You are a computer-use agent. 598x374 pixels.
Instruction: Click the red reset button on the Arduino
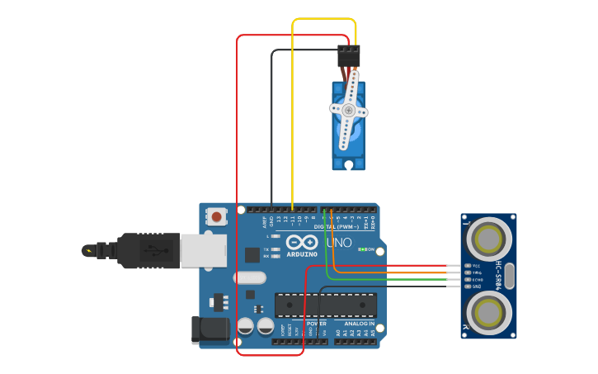pyautogui.click(x=216, y=217)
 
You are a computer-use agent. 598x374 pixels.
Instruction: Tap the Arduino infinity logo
pyautogui.click(x=303, y=244)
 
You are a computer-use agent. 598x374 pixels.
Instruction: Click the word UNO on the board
pyautogui.click(x=339, y=244)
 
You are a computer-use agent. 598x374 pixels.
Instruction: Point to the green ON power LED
pyautogui.click(x=362, y=249)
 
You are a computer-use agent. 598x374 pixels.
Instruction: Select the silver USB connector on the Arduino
pyautogui.click(x=203, y=250)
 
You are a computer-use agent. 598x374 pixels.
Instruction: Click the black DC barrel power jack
pyautogui.click(x=210, y=330)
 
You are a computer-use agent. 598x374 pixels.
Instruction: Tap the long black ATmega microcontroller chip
pyautogui.click(x=326, y=305)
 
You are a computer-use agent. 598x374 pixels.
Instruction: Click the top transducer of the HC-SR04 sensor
pyautogui.click(x=488, y=239)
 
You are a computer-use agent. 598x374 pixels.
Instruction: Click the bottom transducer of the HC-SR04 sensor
pyautogui.click(x=488, y=314)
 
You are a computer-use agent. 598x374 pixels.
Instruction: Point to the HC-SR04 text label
pyautogui.click(x=498, y=276)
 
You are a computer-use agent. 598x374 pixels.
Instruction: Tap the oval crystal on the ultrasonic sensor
pyautogui.click(x=509, y=276)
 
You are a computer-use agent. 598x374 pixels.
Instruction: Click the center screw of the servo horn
pyautogui.click(x=349, y=110)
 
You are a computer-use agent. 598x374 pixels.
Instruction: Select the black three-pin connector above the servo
pyautogui.click(x=348, y=56)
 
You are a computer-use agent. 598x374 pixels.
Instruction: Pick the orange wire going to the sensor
pyautogui.click(x=396, y=272)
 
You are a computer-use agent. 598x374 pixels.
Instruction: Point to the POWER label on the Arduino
pyautogui.click(x=317, y=324)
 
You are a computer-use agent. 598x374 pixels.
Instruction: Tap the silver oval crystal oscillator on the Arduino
pyautogui.click(x=250, y=278)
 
